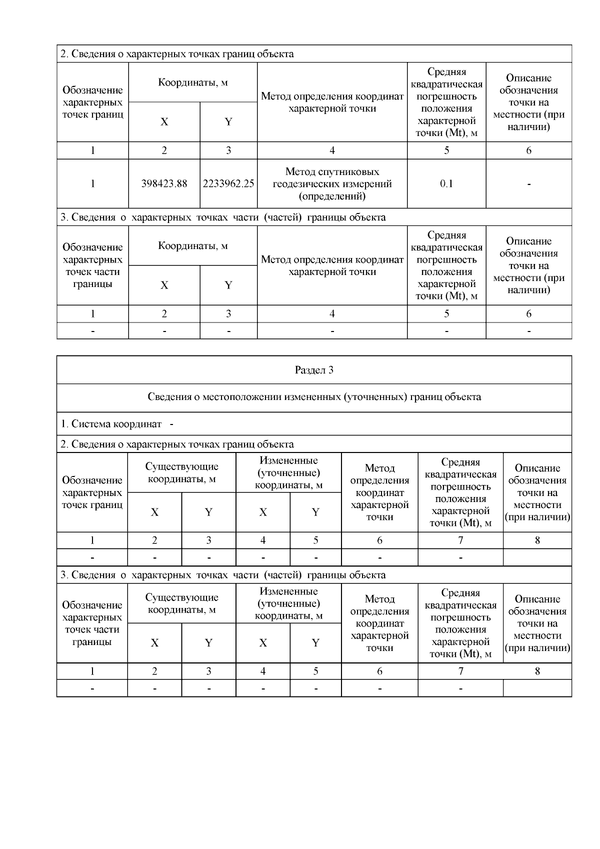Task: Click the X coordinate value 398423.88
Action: click(164, 183)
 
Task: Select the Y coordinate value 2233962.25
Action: click(228, 183)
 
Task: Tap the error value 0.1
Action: click(446, 183)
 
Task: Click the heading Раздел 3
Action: click(314, 370)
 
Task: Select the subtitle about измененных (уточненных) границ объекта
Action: click(314, 397)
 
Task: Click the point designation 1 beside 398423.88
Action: click(92, 183)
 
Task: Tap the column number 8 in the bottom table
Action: click(537, 671)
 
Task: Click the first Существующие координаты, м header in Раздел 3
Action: click(181, 472)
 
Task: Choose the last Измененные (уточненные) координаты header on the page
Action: click(288, 603)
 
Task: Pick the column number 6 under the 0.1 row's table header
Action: click(528, 150)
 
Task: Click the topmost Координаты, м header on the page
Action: click(192, 82)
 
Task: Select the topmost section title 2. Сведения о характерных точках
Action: click(177, 54)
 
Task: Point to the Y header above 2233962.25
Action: click(228, 122)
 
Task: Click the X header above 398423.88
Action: click(164, 122)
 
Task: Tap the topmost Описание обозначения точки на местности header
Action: click(528, 102)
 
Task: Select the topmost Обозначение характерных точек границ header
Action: click(92, 102)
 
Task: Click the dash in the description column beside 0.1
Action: click(528, 184)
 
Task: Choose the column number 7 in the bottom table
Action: click(460, 671)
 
